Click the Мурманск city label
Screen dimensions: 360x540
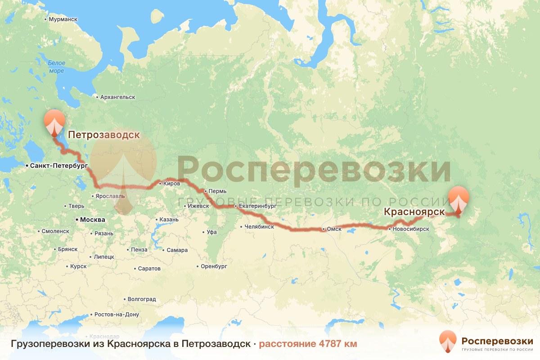coord(63,20)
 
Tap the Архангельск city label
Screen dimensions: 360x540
coord(117,97)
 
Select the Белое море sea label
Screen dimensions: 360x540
coord(57,67)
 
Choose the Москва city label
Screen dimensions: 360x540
coord(92,220)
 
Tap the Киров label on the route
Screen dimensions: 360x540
coord(172,183)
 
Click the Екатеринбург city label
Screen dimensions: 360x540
coord(257,207)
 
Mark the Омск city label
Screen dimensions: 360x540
coord(334,229)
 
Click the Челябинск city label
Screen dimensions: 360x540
coord(259,227)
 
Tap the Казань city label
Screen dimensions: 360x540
coord(169,220)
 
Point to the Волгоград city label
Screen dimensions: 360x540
coord(142,299)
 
